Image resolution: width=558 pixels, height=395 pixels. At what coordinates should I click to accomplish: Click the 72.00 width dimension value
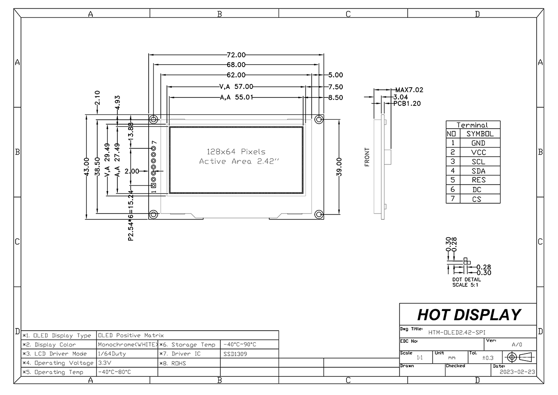click(236, 55)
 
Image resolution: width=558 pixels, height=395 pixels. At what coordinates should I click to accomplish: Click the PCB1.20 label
click(407, 104)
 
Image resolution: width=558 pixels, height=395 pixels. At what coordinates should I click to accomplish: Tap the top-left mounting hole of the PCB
click(154, 119)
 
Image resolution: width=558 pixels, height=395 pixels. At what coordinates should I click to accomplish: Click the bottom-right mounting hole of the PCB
click(319, 214)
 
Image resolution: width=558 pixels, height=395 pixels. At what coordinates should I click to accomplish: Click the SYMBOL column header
click(480, 134)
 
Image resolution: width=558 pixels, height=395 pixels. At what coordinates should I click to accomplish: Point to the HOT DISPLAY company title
click(469, 315)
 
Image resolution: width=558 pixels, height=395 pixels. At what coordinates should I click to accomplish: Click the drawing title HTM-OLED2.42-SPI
click(457, 332)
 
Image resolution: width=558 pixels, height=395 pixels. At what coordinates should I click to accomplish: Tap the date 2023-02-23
click(517, 371)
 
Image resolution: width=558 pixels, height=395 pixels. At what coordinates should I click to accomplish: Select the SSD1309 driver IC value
click(236, 353)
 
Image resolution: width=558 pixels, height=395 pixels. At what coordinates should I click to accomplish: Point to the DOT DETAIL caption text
click(466, 279)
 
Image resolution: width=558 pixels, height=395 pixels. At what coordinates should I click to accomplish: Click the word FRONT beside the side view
click(367, 157)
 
